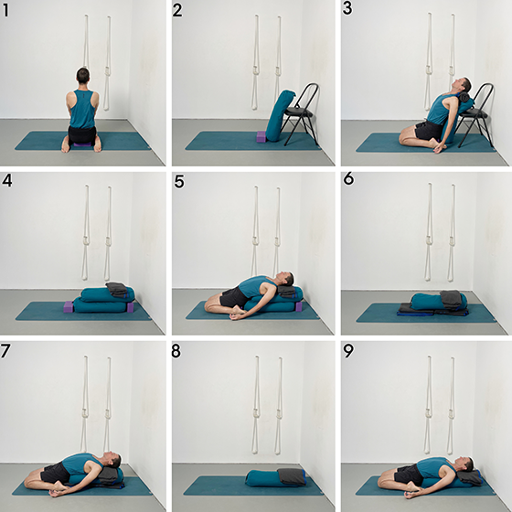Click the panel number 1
(5, 10)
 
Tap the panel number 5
(179, 181)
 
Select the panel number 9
(348, 351)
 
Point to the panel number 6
(348, 178)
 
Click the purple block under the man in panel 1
(82, 144)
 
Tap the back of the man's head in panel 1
(82, 75)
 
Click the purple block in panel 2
(261, 136)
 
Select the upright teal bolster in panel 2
(279, 115)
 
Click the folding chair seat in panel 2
(298, 113)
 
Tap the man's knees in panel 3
(405, 138)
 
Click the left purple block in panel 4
(69, 306)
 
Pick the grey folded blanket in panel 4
(118, 290)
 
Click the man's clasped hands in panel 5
(238, 315)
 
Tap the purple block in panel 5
(298, 306)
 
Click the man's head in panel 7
(113, 461)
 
